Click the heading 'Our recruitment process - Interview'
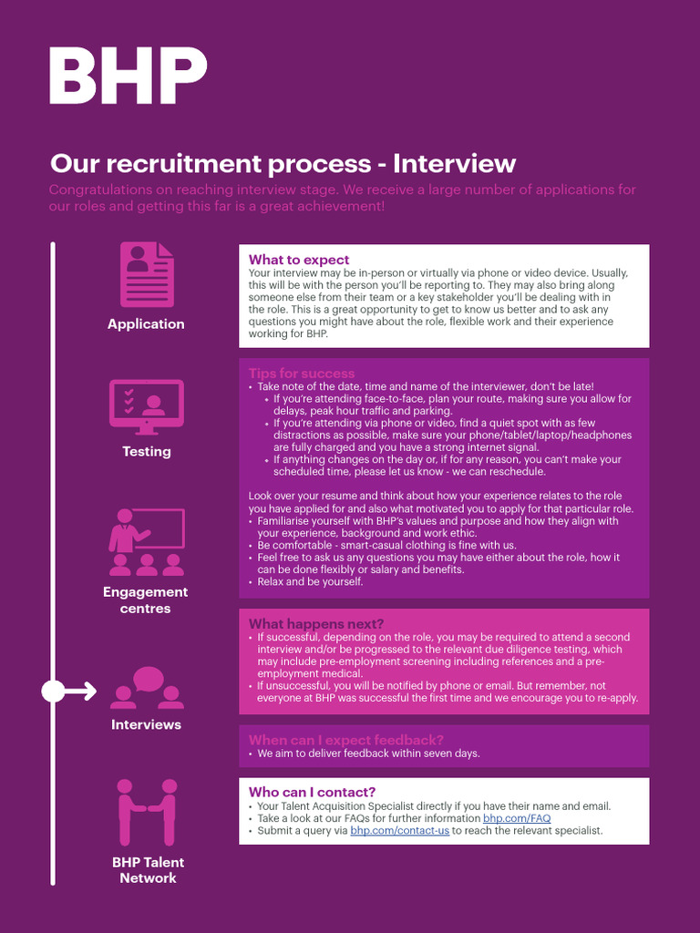(x=283, y=164)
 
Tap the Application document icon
(x=147, y=274)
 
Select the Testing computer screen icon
(x=147, y=407)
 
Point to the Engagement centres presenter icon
(x=147, y=542)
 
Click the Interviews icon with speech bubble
(x=148, y=688)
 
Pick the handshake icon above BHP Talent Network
(x=147, y=811)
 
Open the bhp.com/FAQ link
(x=517, y=819)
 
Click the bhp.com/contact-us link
(x=399, y=831)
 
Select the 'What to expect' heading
(x=299, y=261)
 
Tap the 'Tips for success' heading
(x=302, y=374)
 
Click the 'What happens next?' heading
(x=316, y=624)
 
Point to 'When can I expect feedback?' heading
(x=346, y=740)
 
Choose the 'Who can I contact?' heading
(x=312, y=793)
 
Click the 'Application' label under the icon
(x=146, y=324)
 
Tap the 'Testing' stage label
(x=147, y=452)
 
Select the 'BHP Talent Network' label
(x=148, y=870)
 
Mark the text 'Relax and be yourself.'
(x=310, y=581)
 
